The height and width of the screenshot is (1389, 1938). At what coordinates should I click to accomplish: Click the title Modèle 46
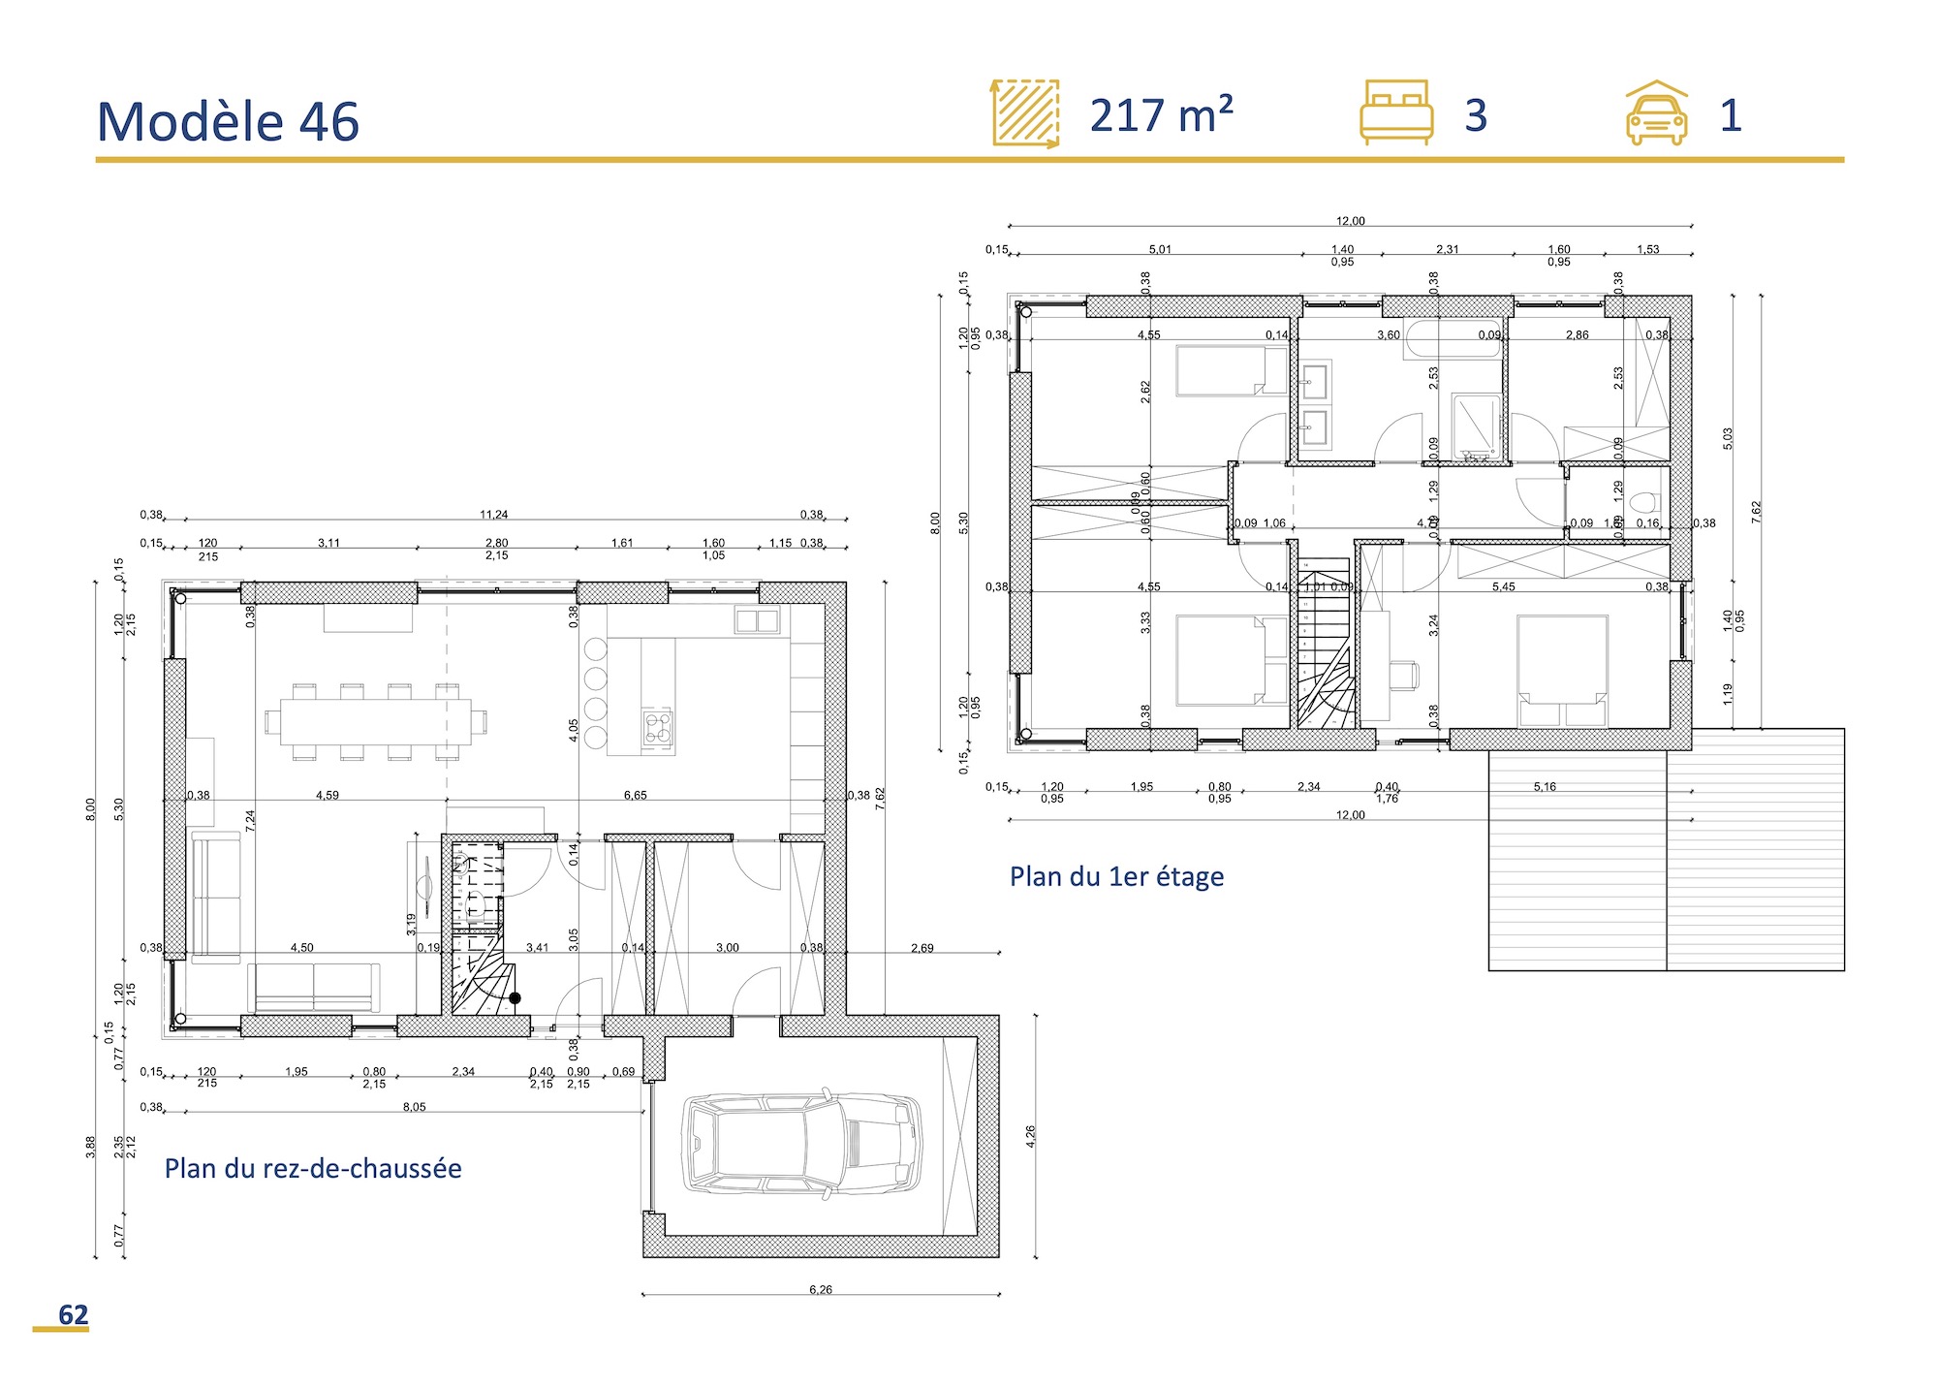pyautogui.click(x=228, y=122)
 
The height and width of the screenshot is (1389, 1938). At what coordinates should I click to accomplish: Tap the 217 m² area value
pyautogui.click(x=1161, y=116)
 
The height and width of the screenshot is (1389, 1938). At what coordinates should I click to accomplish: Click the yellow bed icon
pyautogui.click(x=1396, y=112)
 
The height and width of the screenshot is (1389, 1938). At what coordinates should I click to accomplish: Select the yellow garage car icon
pyautogui.click(x=1656, y=113)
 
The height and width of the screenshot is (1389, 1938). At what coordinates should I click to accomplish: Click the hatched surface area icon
pyautogui.click(x=1025, y=113)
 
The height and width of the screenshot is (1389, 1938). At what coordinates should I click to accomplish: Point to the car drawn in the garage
pyautogui.click(x=803, y=1144)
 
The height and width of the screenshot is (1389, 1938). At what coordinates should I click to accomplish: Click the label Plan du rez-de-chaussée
pyautogui.click(x=313, y=1168)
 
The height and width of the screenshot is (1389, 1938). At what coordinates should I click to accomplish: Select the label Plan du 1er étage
pyautogui.click(x=1116, y=876)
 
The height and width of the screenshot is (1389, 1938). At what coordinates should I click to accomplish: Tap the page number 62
pyautogui.click(x=73, y=1314)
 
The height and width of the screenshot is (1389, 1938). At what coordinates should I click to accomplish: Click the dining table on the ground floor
pyautogui.click(x=375, y=722)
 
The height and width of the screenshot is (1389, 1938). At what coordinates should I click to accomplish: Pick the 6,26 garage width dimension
pyautogui.click(x=820, y=1289)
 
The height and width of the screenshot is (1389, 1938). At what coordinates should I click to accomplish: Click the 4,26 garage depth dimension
pyautogui.click(x=1030, y=1136)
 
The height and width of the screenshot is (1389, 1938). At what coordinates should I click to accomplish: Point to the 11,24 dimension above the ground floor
pyautogui.click(x=493, y=515)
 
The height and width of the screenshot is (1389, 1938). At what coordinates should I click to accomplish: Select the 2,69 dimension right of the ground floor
pyautogui.click(x=922, y=948)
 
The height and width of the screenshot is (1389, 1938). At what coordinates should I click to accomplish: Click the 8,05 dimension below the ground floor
pyautogui.click(x=414, y=1107)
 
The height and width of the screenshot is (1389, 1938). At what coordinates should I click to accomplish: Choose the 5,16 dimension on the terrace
pyautogui.click(x=1545, y=787)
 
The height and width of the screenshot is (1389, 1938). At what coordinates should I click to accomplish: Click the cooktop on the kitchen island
pyautogui.click(x=657, y=727)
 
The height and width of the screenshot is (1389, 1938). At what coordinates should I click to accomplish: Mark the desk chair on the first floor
pyautogui.click(x=1403, y=674)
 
